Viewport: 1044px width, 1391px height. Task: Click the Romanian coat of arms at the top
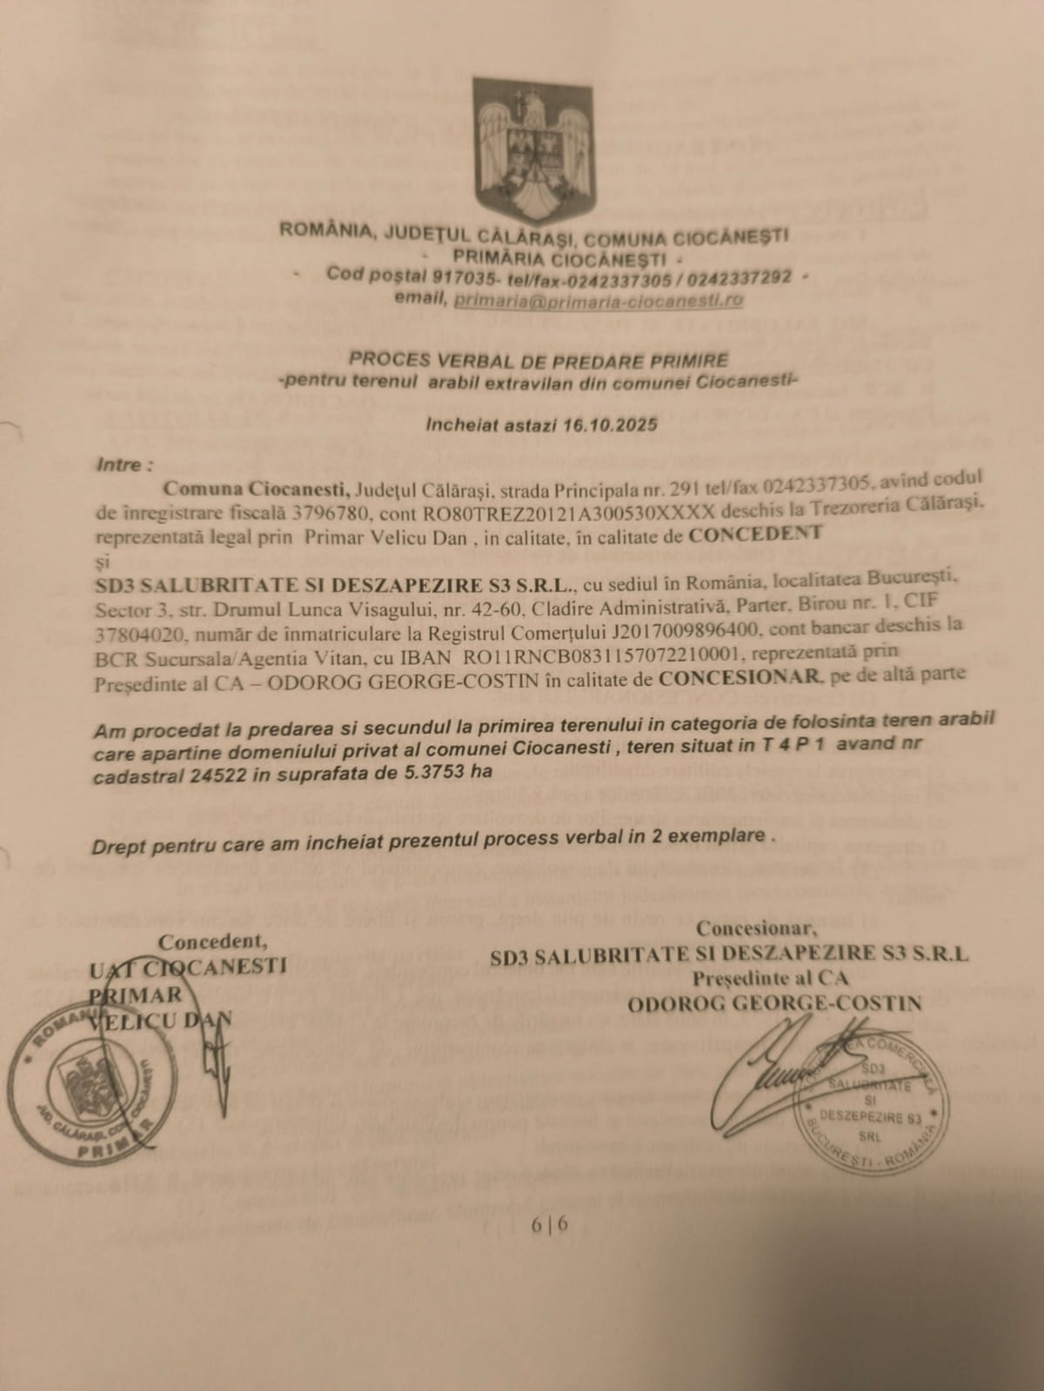tap(533, 150)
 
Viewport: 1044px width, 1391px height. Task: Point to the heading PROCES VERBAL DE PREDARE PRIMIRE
tap(539, 360)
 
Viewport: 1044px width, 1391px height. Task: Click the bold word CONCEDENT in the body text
tap(754, 534)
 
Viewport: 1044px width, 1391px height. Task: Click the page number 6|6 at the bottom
tap(550, 1225)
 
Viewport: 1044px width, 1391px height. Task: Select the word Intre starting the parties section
tap(118, 465)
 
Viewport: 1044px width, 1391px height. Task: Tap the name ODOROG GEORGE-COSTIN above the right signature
tap(774, 1004)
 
